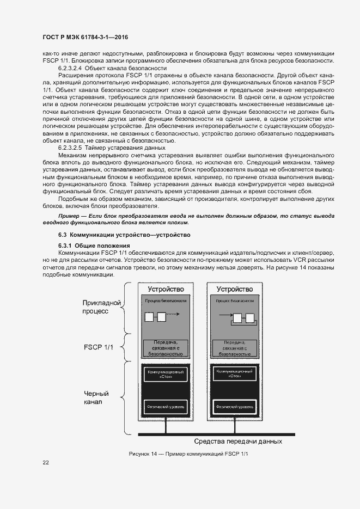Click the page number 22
[x=46, y=463]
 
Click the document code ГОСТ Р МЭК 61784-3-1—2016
[x=88, y=38]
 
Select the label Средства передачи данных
[x=239, y=441]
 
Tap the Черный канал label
[x=96, y=398]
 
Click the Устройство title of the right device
[x=235, y=289]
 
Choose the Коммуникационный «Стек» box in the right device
[x=235, y=373]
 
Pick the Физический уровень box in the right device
[x=235, y=406]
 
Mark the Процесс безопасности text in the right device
[x=235, y=301]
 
